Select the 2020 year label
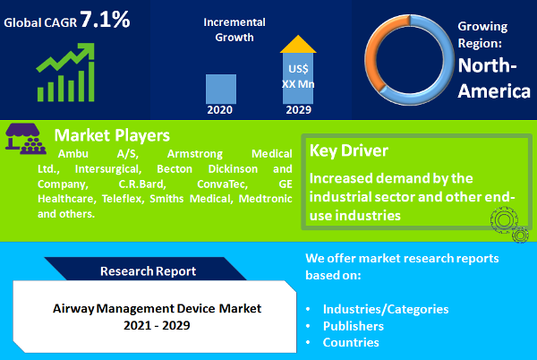220,110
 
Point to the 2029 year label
298,110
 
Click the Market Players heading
112,136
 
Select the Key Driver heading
348,150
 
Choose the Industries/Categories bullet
386,309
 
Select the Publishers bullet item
354,326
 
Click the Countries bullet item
351,342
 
